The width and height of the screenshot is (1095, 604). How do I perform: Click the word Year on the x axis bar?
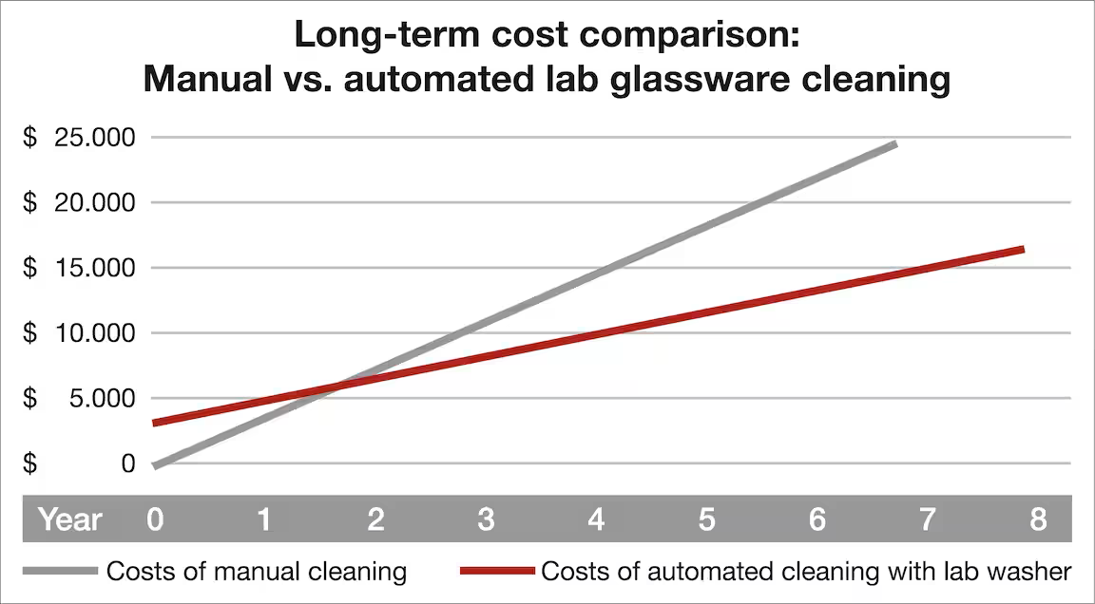click(x=69, y=519)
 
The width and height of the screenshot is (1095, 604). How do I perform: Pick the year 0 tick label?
click(x=155, y=519)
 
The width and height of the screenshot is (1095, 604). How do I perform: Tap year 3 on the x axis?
click(x=486, y=519)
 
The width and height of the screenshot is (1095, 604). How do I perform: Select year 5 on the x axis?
click(x=706, y=519)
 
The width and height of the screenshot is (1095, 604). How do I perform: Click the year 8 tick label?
click(x=1038, y=519)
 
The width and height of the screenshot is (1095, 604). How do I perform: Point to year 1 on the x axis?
click(x=265, y=519)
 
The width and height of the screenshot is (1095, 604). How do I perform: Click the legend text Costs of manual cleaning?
click(x=257, y=572)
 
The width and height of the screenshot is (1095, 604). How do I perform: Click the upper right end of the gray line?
click(x=893, y=144)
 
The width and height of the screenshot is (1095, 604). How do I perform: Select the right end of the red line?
click(x=1021, y=250)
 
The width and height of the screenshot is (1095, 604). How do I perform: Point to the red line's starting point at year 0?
click(x=155, y=423)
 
